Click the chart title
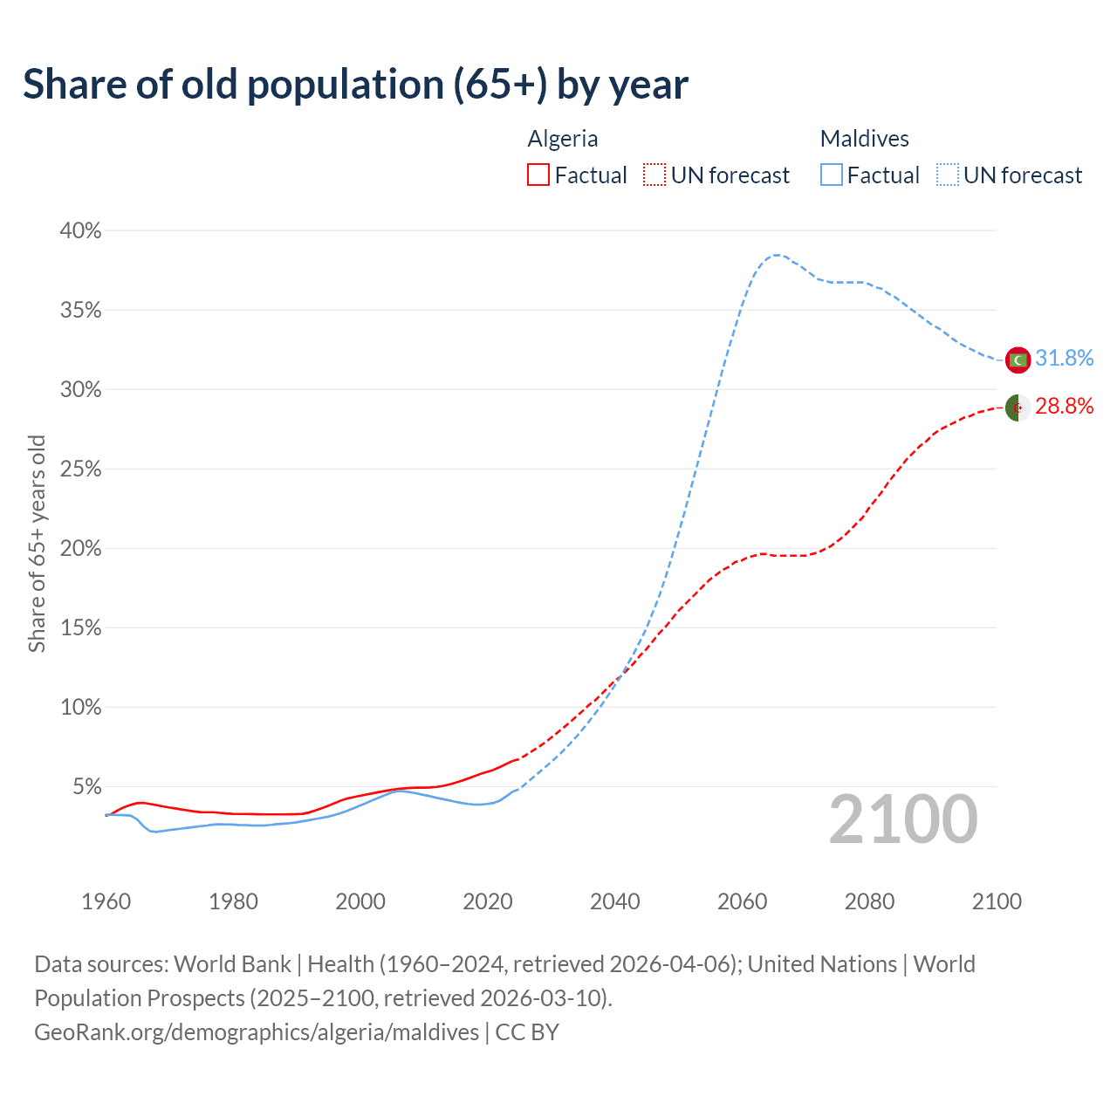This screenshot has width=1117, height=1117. [x=355, y=85]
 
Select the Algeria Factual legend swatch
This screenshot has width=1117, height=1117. [x=538, y=175]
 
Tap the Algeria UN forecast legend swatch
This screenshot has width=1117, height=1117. [x=654, y=175]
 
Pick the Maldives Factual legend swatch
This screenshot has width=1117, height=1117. [x=832, y=175]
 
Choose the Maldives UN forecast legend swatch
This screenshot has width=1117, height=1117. [x=948, y=175]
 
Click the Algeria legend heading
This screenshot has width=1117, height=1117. [x=563, y=139]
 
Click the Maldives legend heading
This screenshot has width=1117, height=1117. [x=864, y=139]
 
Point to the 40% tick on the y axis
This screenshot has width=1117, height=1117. [x=80, y=231]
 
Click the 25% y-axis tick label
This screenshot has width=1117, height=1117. [x=80, y=469]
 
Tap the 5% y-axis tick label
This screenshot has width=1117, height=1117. [x=86, y=787]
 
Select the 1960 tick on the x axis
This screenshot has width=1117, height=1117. [x=106, y=901]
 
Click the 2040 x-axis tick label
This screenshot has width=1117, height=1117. [x=615, y=901]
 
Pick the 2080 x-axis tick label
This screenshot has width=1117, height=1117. [x=869, y=901]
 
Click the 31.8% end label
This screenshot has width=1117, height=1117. [x=1064, y=359]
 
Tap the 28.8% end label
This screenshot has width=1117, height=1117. [x=1064, y=406]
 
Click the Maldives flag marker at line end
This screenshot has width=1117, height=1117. [x=1018, y=360]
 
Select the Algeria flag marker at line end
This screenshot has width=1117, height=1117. [x=1018, y=408]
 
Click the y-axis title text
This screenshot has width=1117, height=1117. [x=37, y=544]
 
